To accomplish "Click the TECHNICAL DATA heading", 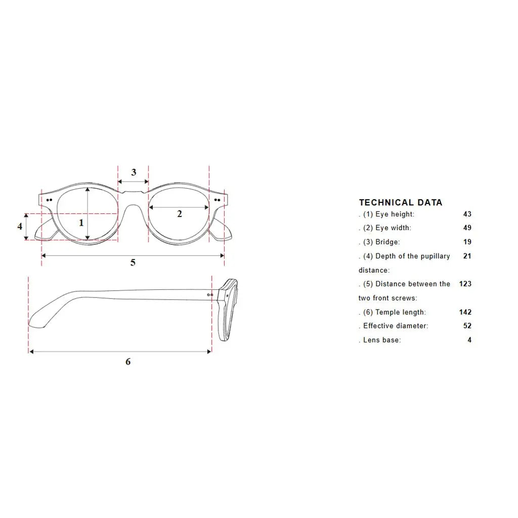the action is tap(401, 202).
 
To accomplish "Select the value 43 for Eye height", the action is tap(467, 214).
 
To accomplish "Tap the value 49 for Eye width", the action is tap(467, 228).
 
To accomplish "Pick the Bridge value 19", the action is tap(467, 242).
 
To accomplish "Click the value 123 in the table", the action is tap(465, 284).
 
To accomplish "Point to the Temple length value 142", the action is tap(465, 312).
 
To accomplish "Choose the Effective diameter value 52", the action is tap(467, 326).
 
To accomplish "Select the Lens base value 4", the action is tap(469, 340).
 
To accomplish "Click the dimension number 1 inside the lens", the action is tap(81, 223).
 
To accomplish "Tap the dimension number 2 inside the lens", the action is tap(180, 214).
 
